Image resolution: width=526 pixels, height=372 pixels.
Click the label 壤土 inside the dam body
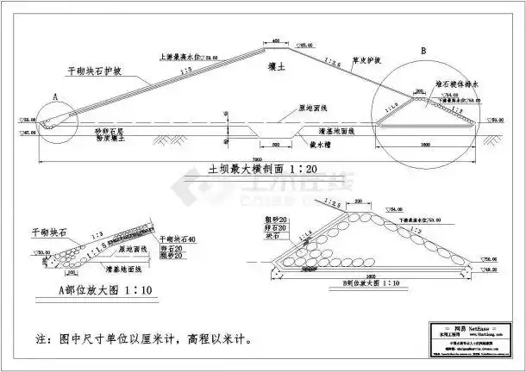pos(269,63)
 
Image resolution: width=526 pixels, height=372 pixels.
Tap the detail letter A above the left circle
pos(53,100)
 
